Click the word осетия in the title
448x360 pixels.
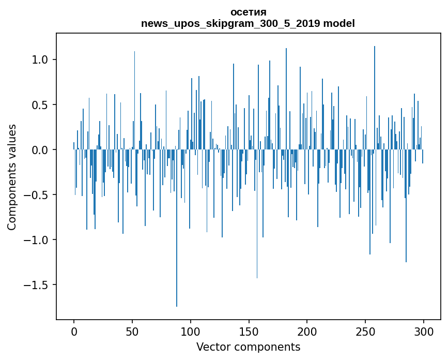pyautogui.click(x=248, y=12)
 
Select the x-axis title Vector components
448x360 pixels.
pyautogui.click(x=248, y=347)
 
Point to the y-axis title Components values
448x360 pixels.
pyautogui.click(x=12, y=177)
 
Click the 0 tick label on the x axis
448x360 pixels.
pyautogui.click(x=74, y=331)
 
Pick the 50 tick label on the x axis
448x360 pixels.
pyautogui.click(x=132, y=331)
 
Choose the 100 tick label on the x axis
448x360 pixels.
pyautogui.click(x=191, y=331)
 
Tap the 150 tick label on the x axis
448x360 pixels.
pyautogui.click(x=249, y=331)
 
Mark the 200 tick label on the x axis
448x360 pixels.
pyautogui.click(x=307, y=331)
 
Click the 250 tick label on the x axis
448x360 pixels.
pyautogui.click(x=365, y=331)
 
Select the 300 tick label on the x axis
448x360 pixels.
pyautogui.click(x=424, y=331)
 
